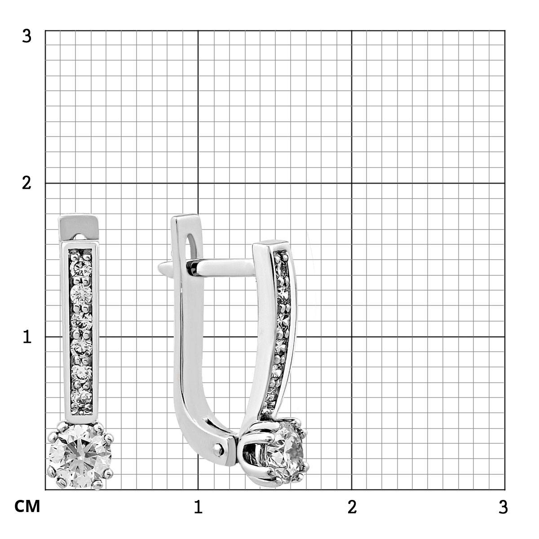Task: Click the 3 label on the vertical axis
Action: (27, 37)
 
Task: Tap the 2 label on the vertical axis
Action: (27, 184)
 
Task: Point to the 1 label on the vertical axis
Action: (27, 337)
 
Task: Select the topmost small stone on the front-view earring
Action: (81, 268)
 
